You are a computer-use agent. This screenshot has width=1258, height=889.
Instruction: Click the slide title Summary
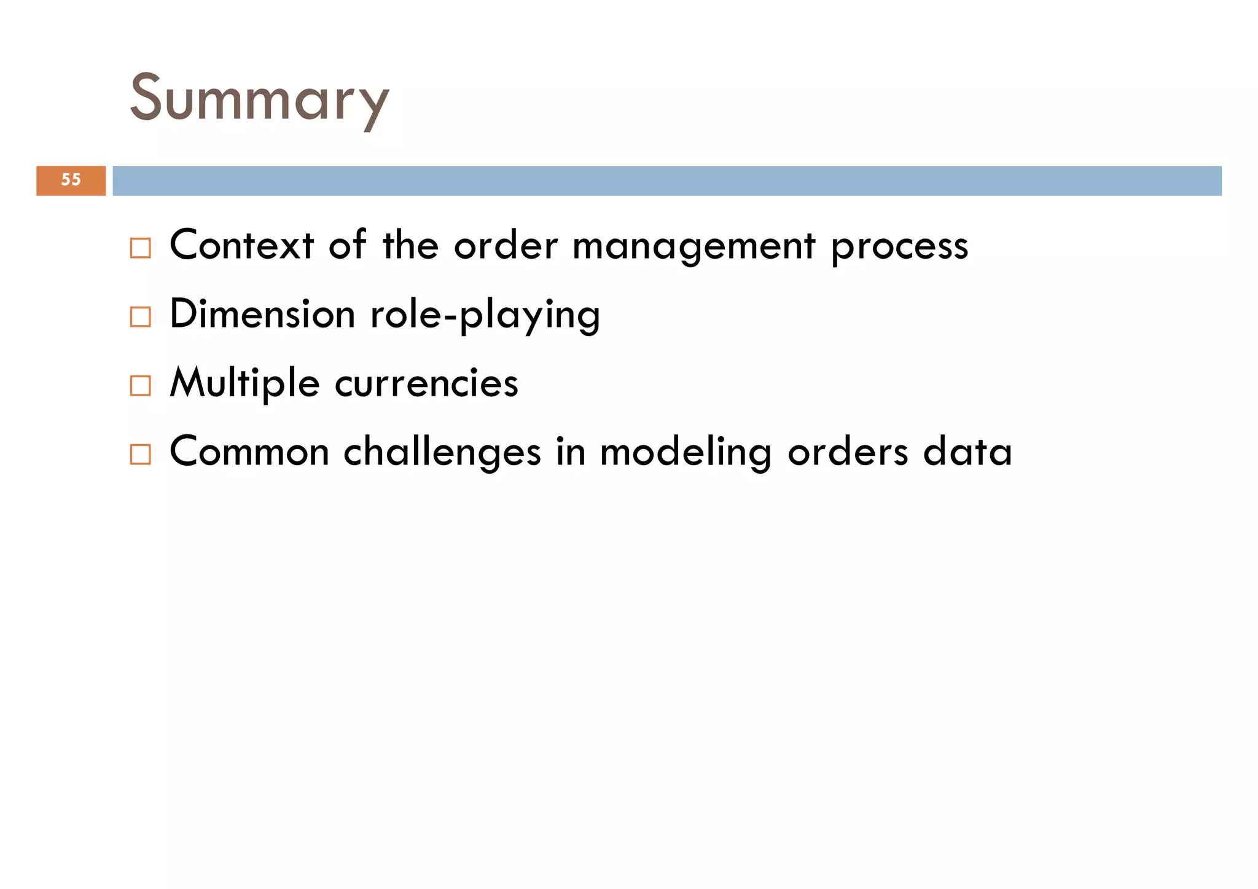pos(259,98)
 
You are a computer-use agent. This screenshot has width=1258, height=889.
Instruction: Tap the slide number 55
pos(71,180)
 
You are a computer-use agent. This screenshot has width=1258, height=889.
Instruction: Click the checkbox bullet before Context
pos(140,248)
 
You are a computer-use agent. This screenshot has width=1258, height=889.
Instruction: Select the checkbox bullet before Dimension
pos(140,317)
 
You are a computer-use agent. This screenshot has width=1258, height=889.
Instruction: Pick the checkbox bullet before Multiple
pos(140,386)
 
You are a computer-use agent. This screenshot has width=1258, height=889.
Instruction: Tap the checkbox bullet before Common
pos(140,455)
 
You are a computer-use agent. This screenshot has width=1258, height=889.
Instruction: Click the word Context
pos(241,245)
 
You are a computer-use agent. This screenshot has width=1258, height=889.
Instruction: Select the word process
pos(900,248)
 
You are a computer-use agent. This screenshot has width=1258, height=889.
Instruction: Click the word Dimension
pos(262,314)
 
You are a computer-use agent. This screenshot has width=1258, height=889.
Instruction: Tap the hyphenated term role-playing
pos(485,315)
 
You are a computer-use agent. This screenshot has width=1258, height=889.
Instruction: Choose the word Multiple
pos(244,383)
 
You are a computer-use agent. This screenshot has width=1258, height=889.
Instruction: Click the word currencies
pos(427,383)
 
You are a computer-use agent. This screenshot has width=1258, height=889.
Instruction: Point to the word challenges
pos(442,452)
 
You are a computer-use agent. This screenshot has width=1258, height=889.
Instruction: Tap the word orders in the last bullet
pos(848,452)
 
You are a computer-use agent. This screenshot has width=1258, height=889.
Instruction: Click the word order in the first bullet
pos(506,245)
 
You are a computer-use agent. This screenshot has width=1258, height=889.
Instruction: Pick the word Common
pos(249,452)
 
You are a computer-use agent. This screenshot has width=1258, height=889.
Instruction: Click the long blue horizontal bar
pos(666,181)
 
